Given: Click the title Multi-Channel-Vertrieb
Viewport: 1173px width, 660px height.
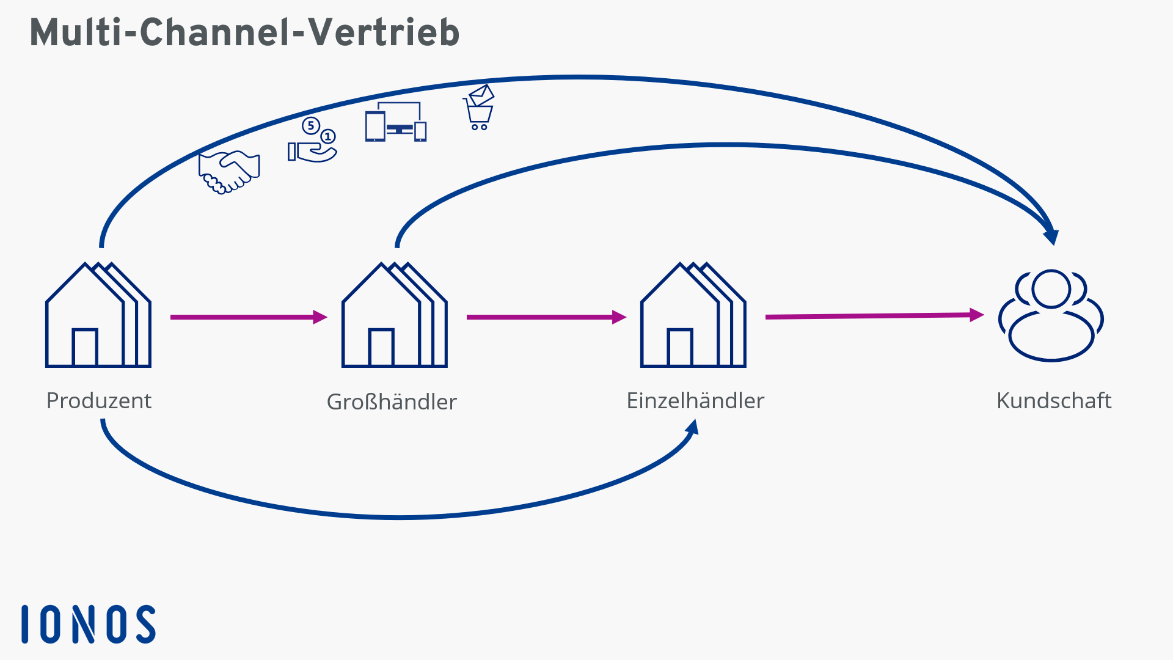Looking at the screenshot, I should point(244,32).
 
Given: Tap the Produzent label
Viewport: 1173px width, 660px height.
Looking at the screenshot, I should point(99,401).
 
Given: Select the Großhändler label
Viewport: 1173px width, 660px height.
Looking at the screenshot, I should point(392,402).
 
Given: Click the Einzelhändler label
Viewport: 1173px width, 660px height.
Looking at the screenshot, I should point(695,401).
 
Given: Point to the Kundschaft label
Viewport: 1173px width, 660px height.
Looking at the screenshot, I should point(1054,401).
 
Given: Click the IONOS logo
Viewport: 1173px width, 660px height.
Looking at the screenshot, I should point(89,624).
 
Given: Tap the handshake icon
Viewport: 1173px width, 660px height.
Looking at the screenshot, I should point(229,172).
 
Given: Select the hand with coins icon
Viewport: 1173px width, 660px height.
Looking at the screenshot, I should point(312,141).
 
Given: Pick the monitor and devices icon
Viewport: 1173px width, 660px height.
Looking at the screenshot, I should point(396,122).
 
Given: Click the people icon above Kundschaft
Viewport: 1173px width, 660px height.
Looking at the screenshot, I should point(1051,315).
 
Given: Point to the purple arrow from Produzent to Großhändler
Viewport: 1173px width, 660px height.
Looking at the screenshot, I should point(247,317).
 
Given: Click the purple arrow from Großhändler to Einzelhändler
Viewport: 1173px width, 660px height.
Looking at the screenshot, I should point(546,317).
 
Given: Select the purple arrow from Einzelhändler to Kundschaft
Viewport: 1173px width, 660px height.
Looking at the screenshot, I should point(874,316).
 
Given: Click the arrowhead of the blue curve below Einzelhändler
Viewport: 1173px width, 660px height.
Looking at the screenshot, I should point(693,427).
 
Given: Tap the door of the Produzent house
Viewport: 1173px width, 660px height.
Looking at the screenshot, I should point(85,347).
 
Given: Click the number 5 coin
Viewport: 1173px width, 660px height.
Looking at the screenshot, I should point(311,126).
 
